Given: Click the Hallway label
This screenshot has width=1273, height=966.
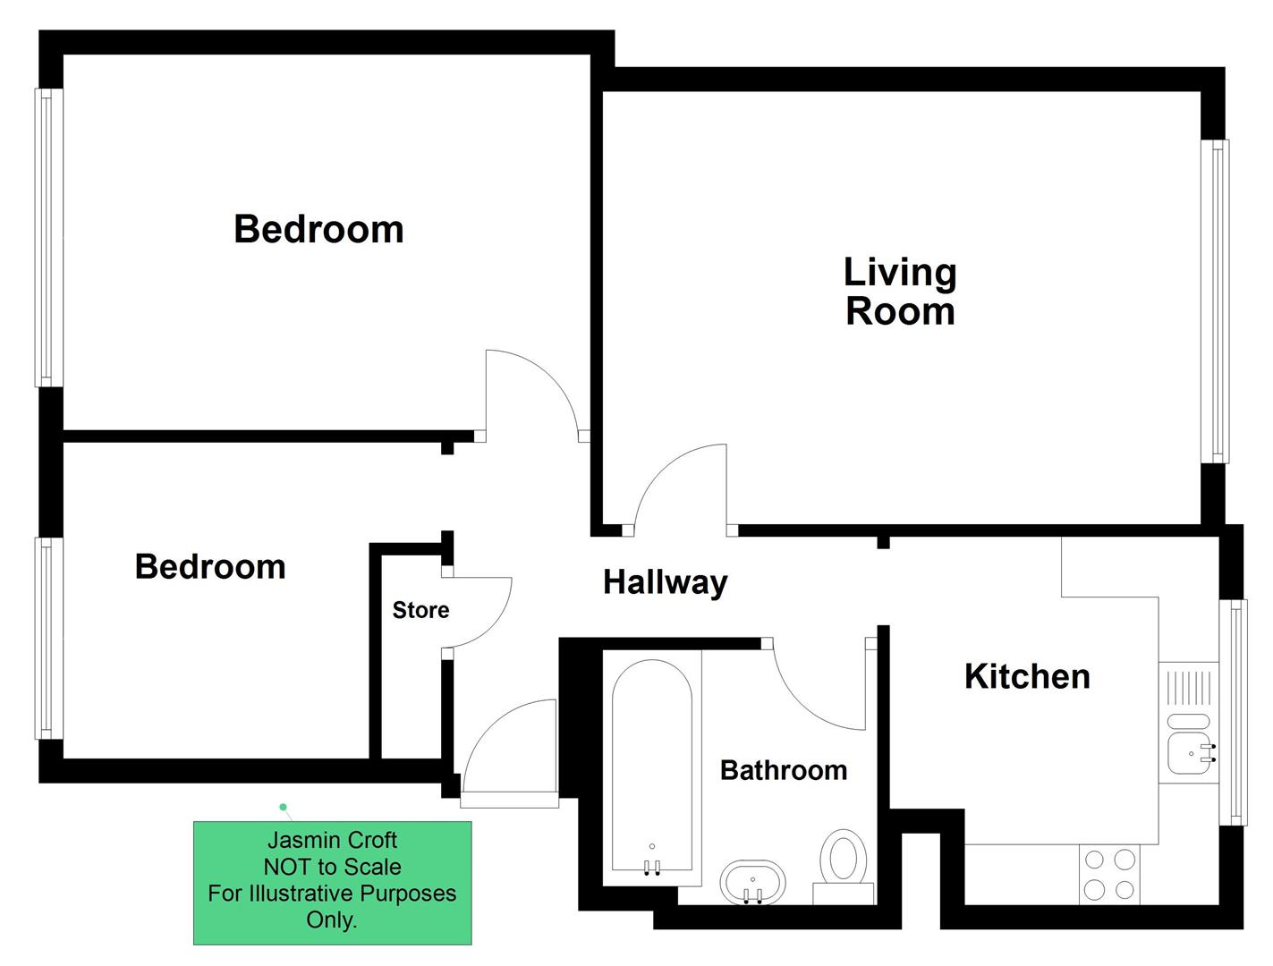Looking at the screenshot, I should [665, 582].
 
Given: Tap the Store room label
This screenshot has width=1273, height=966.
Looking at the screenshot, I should [420, 610].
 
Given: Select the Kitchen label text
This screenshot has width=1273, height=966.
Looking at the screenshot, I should [1027, 676].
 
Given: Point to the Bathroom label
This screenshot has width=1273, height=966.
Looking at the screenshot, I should [783, 770].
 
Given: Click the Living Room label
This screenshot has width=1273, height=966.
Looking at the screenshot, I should [900, 292].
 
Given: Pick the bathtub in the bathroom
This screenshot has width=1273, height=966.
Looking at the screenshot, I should [651, 767].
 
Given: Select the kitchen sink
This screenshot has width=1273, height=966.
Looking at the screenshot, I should [1191, 752].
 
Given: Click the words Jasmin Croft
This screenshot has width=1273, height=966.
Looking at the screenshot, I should [332, 840].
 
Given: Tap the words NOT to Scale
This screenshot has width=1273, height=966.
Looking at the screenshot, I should [332, 867].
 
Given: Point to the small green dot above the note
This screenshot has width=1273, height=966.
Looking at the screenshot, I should [284, 807].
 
